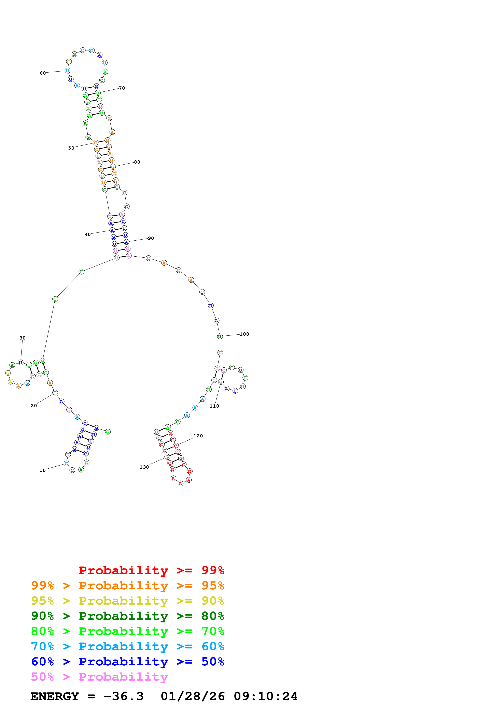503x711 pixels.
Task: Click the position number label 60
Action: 43,73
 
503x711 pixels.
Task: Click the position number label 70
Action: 122,88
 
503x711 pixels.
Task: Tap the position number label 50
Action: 71,148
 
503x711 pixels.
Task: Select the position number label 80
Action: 137,162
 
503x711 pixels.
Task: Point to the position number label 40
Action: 88,235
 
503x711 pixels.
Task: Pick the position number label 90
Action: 151,238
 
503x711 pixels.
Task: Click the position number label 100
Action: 244,334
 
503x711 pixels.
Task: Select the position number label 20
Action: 34,406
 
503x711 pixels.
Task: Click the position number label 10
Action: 42,470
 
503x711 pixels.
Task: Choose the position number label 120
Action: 198,436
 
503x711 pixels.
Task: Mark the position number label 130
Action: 144,467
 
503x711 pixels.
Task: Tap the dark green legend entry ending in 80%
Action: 128,616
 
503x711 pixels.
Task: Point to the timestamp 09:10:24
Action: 266,696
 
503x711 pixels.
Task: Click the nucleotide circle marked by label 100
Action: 220,336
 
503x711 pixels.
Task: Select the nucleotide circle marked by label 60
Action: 67,71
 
